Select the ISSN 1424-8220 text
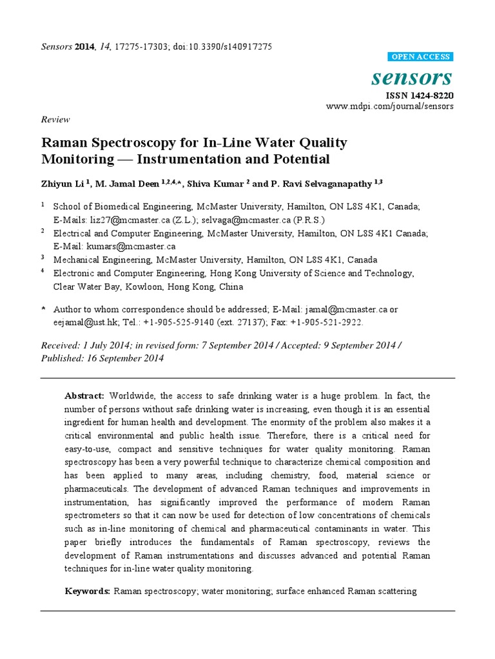[x=420, y=95]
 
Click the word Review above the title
[x=55, y=119]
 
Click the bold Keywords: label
[x=88, y=590]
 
